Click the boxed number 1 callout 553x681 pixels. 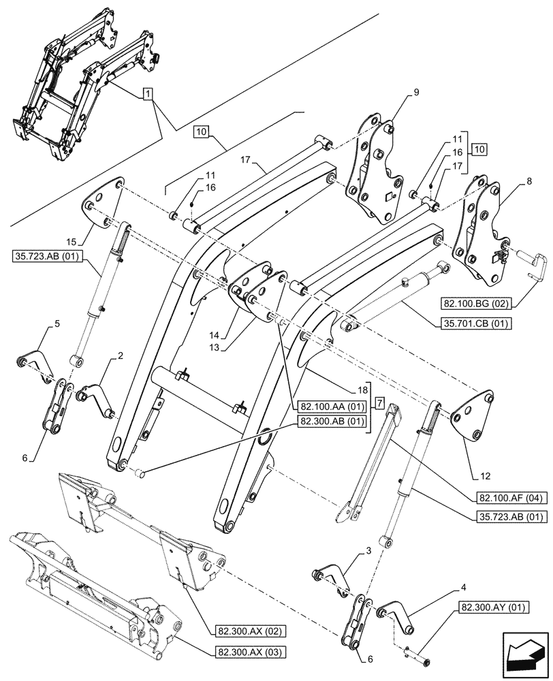(147, 93)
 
